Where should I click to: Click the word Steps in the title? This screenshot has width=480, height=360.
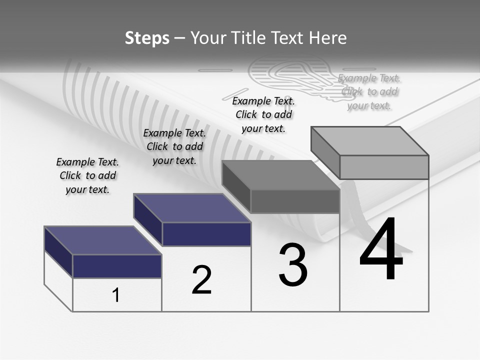pos(147,38)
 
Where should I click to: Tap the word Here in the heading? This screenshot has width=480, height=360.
pos(327,38)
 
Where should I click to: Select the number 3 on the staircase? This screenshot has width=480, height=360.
pos(293,265)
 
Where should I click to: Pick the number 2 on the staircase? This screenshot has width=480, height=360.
pos(201,280)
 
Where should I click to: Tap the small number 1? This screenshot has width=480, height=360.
pos(115,295)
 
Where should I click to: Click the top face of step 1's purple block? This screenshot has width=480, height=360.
pos(102,240)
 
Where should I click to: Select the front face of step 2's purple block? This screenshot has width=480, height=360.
pos(206,234)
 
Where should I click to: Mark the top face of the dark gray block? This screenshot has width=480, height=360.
pos(280,175)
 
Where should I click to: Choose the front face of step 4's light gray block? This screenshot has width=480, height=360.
pos(384,167)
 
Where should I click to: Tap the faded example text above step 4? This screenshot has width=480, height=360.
pos(369,92)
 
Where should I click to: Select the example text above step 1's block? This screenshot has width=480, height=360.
pos(87,176)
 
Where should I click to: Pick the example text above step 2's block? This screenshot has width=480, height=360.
pos(174,146)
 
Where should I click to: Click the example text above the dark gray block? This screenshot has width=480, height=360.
pos(263,114)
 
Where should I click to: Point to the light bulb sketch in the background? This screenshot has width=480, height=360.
pos(290,75)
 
